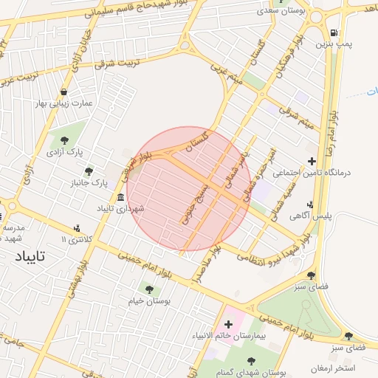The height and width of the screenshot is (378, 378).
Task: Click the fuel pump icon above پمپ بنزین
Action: (334, 32)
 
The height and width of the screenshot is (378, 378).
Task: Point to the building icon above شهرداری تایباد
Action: (120, 196)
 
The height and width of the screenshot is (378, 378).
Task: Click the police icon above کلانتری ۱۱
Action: (77, 228)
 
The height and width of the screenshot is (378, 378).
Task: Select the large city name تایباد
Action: (30, 256)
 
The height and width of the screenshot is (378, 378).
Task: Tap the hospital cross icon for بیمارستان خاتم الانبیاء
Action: (227, 324)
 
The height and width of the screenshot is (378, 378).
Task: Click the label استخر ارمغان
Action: (332, 368)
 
